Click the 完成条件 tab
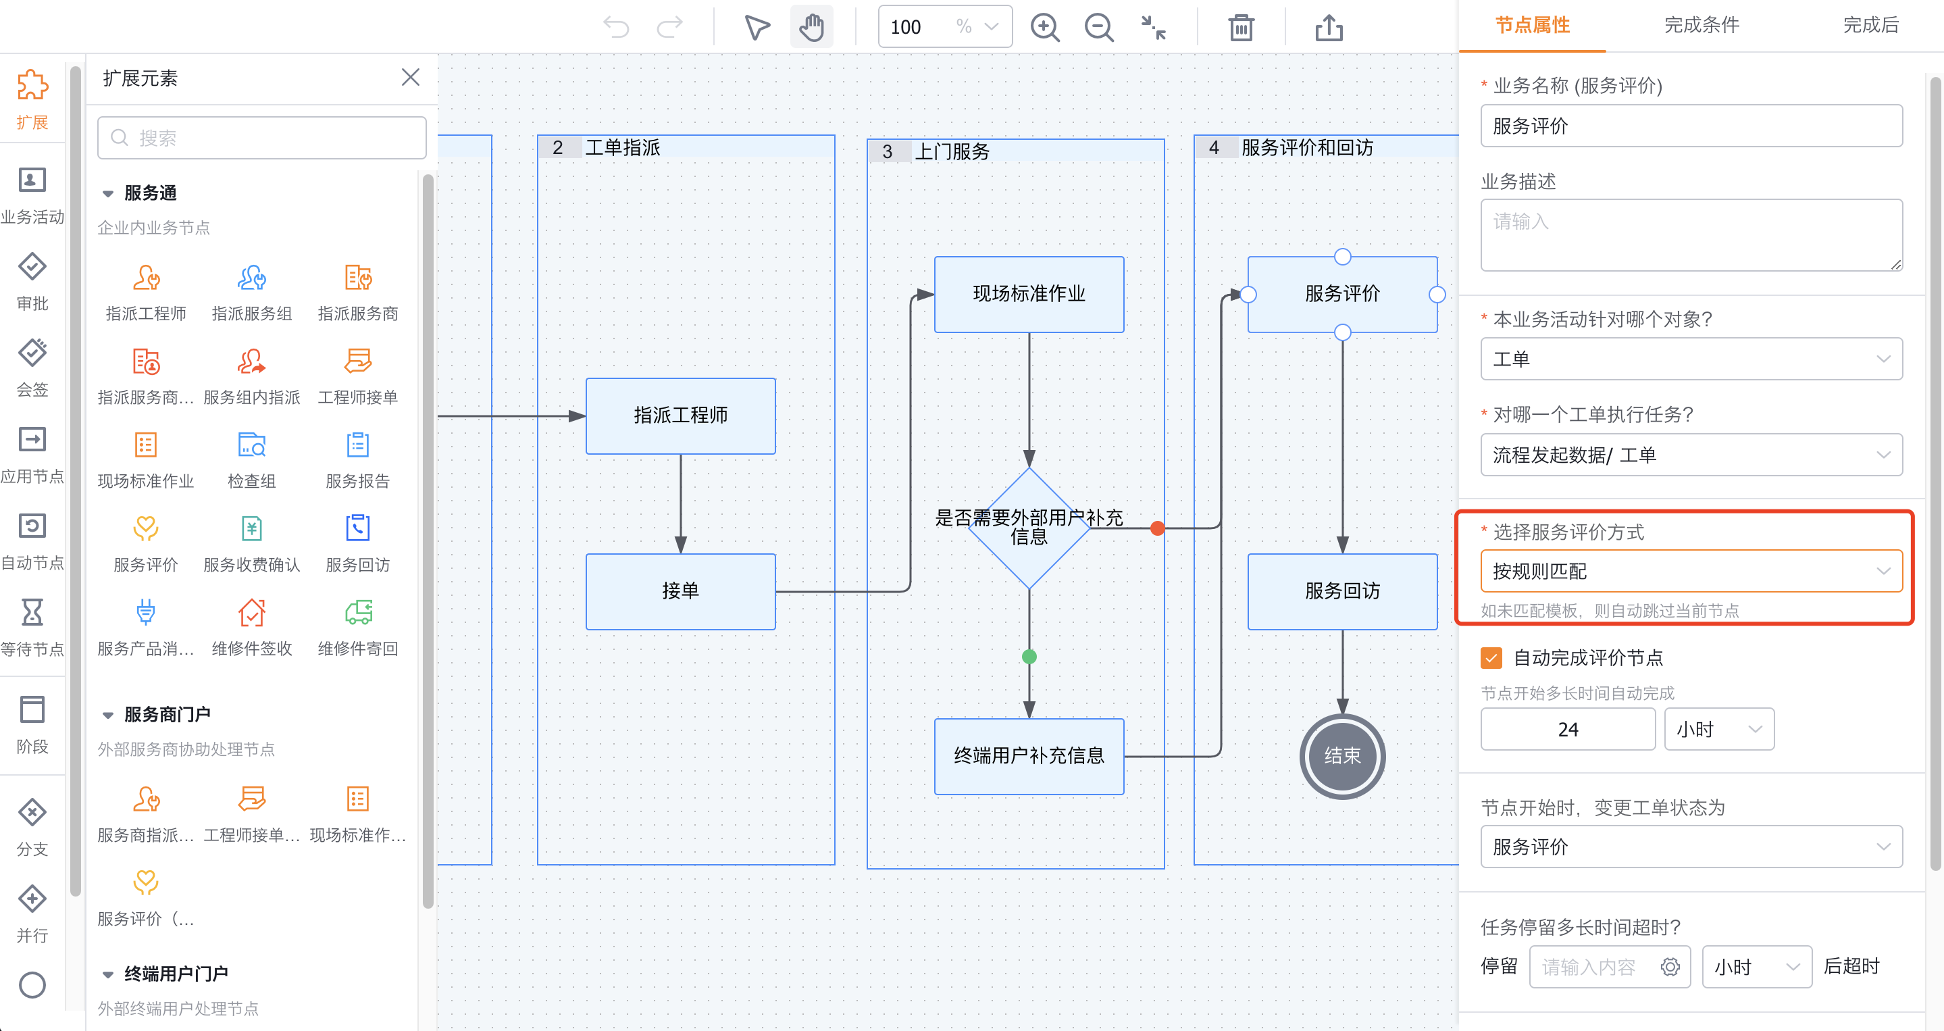[x=1701, y=26]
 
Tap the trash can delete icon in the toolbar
[x=1241, y=28]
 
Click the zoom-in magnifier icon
[x=1045, y=28]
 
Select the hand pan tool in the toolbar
[x=811, y=27]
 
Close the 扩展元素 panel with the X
[x=411, y=77]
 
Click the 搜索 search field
[x=262, y=137]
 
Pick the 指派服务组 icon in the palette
[x=251, y=278]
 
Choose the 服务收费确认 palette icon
[x=251, y=528]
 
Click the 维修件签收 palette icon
[x=251, y=612]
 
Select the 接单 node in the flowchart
[x=680, y=591]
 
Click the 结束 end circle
[x=1341, y=755]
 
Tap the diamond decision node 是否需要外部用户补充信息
[x=1029, y=528]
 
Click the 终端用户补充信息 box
[x=1029, y=755]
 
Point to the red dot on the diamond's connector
[x=1157, y=528]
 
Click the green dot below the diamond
[x=1029, y=657]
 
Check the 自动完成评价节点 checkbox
[x=1491, y=657]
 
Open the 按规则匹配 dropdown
[x=1691, y=572]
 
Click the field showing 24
[x=1567, y=729]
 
